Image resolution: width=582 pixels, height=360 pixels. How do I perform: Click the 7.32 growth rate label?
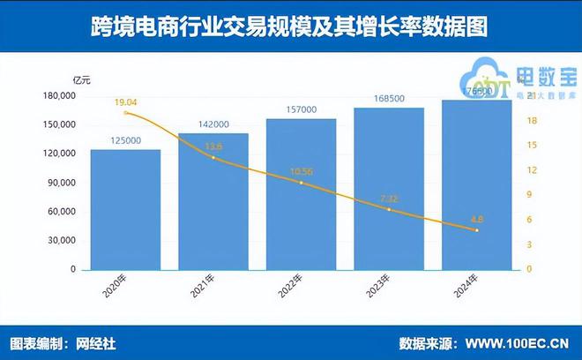pos(389,199)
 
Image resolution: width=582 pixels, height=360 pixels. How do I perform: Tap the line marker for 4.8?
pos(476,230)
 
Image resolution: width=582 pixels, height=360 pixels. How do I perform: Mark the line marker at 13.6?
pos(213,158)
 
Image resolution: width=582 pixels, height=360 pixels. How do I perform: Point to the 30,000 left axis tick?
pos(60,240)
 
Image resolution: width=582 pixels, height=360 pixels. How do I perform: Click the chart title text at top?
pos(290,27)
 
